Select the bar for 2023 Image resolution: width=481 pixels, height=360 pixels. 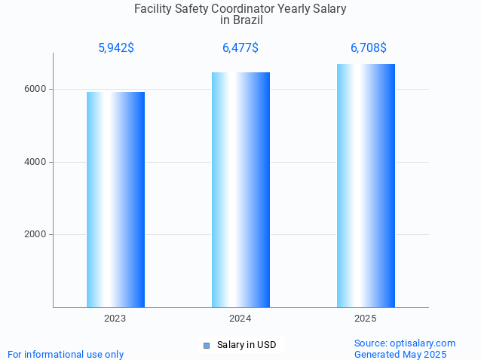pos(115,200)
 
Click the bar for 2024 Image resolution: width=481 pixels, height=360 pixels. pos(240,190)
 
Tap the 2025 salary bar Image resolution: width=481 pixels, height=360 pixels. pos(366,185)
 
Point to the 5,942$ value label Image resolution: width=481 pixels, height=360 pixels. pos(116,48)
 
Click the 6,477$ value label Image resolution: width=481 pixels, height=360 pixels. pos(240,48)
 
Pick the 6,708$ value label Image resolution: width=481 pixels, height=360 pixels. pos(369,48)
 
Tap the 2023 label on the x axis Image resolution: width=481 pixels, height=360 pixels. pos(115,319)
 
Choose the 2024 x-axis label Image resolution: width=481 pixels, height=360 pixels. pos(240,319)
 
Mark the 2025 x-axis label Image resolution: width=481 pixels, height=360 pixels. pos(366,319)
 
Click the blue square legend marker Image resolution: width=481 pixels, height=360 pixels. pos(206,346)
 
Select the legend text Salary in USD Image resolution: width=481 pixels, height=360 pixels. pos(247,345)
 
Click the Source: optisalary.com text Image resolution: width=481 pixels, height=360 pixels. pos(405,343)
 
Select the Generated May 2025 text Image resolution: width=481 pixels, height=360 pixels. pos(400,354)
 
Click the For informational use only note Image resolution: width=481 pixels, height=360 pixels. pos(66,354)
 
